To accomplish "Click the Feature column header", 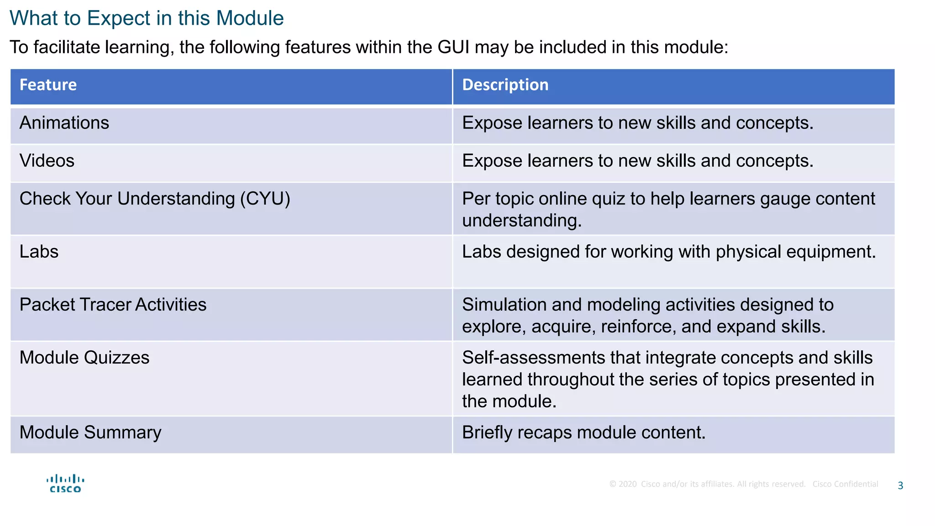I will pos(48,85).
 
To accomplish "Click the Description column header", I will pos(505,85).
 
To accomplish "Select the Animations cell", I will pos(64,123).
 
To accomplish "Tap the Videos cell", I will pos(47,161).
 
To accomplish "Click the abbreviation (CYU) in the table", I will pos(265,199).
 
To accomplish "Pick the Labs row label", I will pos(39,252).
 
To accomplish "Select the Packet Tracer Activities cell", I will pos(113,305).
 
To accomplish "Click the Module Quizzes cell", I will pos(84,358).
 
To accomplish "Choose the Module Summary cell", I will pos(90,433).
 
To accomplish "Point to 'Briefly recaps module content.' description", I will pos(583,433).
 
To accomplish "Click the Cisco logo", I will pos(65,484).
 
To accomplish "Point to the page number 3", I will pos(900,486).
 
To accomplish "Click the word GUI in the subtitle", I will pos(453,47).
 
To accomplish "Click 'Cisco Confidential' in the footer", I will pos(845,484).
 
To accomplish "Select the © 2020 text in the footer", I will pos(623,484).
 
